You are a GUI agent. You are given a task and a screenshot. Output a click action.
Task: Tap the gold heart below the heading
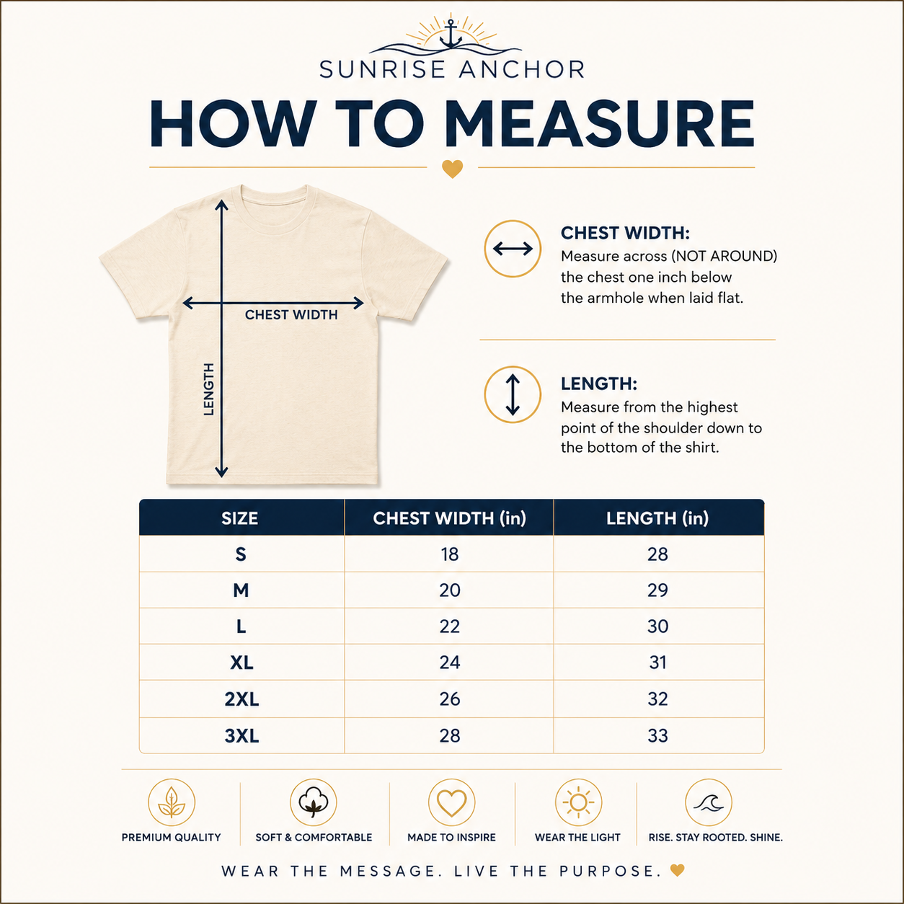pyautogui.click(x=452, y=169)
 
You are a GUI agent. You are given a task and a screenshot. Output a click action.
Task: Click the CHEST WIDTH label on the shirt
pyautogui.click(x=291, y=315)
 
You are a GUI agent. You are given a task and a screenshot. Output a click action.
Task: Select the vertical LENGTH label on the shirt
pyautogui.click(x=209, y=389)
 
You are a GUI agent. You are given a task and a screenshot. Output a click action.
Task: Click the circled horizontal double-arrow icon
pyautogui.click(x=513, y=249)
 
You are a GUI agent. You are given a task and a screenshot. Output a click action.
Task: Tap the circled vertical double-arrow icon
pyautogui.click(x=513, y=394)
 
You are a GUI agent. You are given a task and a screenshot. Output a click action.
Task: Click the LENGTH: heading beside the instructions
pyautogui.click(x=599, y=384)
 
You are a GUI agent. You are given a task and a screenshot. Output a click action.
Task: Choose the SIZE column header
pyautogui.click(x=240, y=518)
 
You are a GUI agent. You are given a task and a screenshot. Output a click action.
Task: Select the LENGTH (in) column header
pyautogui.click(x=657, y=518)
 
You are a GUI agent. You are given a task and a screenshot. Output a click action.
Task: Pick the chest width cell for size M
pyautogui.click(x=449, y=590)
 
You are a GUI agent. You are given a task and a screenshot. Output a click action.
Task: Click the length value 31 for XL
pyautogui.click(x=657, y=663)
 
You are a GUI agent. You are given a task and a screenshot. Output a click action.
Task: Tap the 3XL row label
pyautogui.click(x=241, y=735)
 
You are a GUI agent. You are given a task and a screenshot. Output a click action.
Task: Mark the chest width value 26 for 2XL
pyautogui.click(x=449, y=699)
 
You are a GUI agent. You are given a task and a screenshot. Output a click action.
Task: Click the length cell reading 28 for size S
pyautogui.click(x=657, y=554)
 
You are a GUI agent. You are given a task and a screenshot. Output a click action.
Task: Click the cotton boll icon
pyautogui.click(x=313, y=803)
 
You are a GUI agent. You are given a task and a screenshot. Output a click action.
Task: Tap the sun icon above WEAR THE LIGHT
pyautogui.click(x=578, y=803)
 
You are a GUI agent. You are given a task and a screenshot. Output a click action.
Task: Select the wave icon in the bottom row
pyautogui.click(x=709, y=803)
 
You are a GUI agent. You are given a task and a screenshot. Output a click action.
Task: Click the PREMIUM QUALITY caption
pyautogui.click(x=172, y=838)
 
